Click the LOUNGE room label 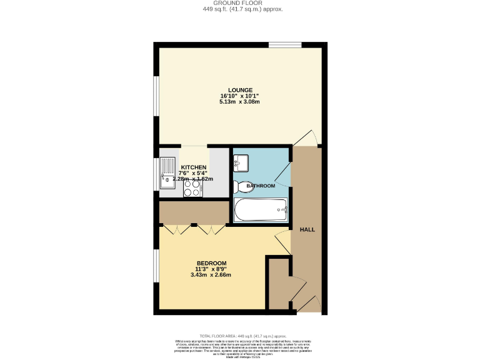[x=240, y=90]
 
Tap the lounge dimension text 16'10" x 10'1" [x=240, y=96]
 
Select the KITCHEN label [x=194, y=167]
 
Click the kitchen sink [x=169, y=172]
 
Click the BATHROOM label [x=261, y=186]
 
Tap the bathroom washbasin [x=241, y=163]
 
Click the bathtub [x=261, y=210]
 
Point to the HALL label [x=307, y=229]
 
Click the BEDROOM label [x=211, y=263]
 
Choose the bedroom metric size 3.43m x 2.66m [x=211, y=275]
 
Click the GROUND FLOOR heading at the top [x=240, y=3]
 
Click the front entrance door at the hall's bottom [x=308, y=303]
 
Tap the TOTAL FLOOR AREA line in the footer [x=240, y=336]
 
